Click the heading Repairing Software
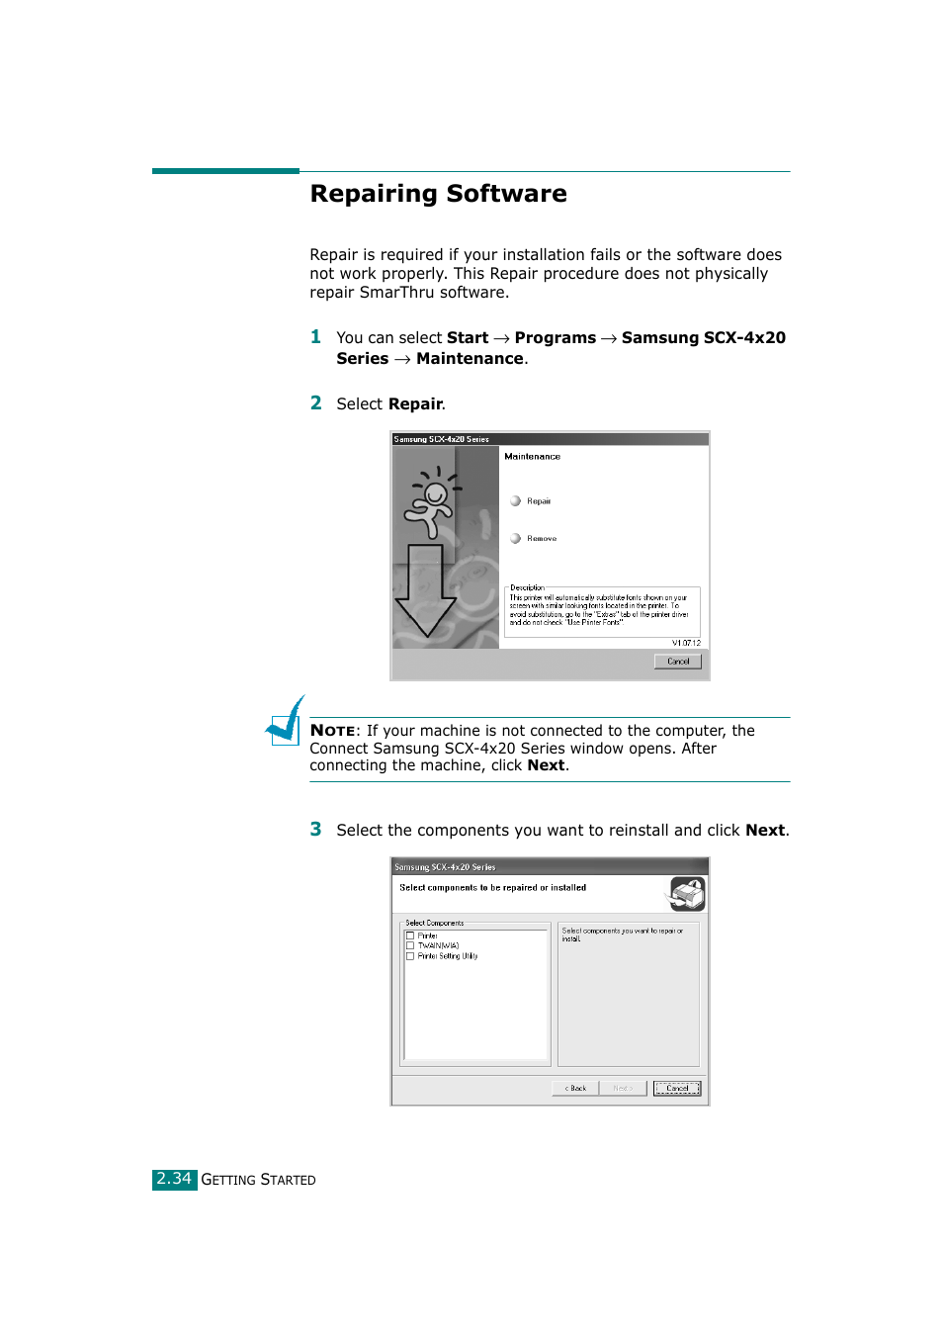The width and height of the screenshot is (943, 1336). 438,194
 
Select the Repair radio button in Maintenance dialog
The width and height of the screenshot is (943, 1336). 515,501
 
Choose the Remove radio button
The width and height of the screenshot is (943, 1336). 515,539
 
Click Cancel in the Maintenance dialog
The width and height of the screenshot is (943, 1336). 677,662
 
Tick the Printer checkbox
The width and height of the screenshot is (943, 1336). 410,935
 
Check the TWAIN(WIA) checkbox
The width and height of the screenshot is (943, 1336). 410,945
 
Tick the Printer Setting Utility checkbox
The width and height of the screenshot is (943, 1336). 410,956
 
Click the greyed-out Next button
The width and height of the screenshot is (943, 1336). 623,1088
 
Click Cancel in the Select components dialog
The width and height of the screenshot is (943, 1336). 677,1088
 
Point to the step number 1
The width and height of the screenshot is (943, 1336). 315,337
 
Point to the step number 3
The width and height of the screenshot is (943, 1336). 315,830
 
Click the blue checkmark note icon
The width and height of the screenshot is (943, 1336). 286,722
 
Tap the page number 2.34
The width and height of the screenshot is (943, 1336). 174,1179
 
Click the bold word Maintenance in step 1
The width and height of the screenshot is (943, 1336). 470,359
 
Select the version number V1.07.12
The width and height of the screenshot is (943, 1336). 686,643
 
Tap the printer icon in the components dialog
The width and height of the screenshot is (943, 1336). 687,894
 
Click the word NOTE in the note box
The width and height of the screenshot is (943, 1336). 332,731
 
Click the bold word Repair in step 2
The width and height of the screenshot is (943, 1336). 415,404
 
